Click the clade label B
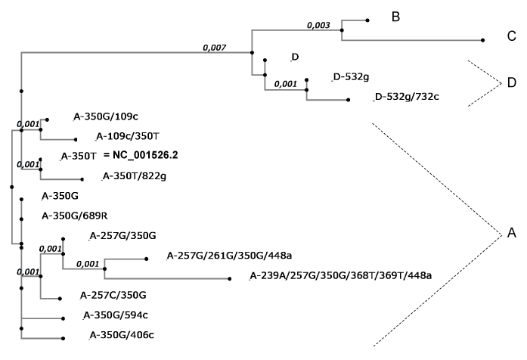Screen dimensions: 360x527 pyautogui.click(x=395, y=18)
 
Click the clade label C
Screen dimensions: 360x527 pyautogui.click(x=511, y=36)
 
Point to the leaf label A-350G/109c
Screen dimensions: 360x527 pyautogui.click(x=105, y=117)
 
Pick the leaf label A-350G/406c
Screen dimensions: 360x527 pyautogui.click(x=118, y=335)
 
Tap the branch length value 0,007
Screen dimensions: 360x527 pyautogui.click(x=215, y=48)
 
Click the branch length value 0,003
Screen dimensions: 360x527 pyautogui.click(x=318, y=25)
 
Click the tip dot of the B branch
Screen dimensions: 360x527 pyautogui.click(x=367, y=20)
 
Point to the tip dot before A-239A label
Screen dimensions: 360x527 pyautogui.click(x=229, y=278)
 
